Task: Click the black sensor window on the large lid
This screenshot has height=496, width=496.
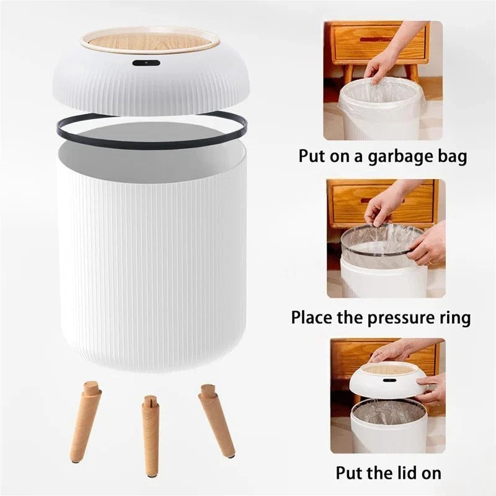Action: pos(146,63)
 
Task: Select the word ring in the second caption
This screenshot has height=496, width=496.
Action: pos(454,318)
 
